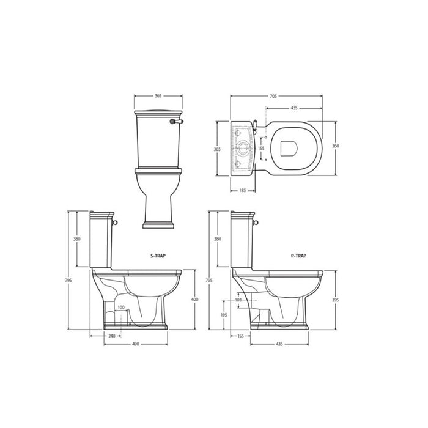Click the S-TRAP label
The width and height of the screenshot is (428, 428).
pos(158,256)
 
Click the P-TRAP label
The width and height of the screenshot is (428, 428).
pos(298,256)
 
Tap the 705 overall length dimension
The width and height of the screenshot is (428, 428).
pos(273,96)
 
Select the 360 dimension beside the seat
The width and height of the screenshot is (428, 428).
pos(335,146)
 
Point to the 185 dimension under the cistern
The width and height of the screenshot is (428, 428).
pos(243,191)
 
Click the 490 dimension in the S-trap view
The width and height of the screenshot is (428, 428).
pos(136,344)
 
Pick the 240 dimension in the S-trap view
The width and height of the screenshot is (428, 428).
pos(112,336)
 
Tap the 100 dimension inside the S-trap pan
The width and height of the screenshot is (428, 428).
pos(121,308)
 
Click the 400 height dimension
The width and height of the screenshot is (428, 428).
pos(194,300)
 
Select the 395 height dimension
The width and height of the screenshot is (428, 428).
pos(336,300)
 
